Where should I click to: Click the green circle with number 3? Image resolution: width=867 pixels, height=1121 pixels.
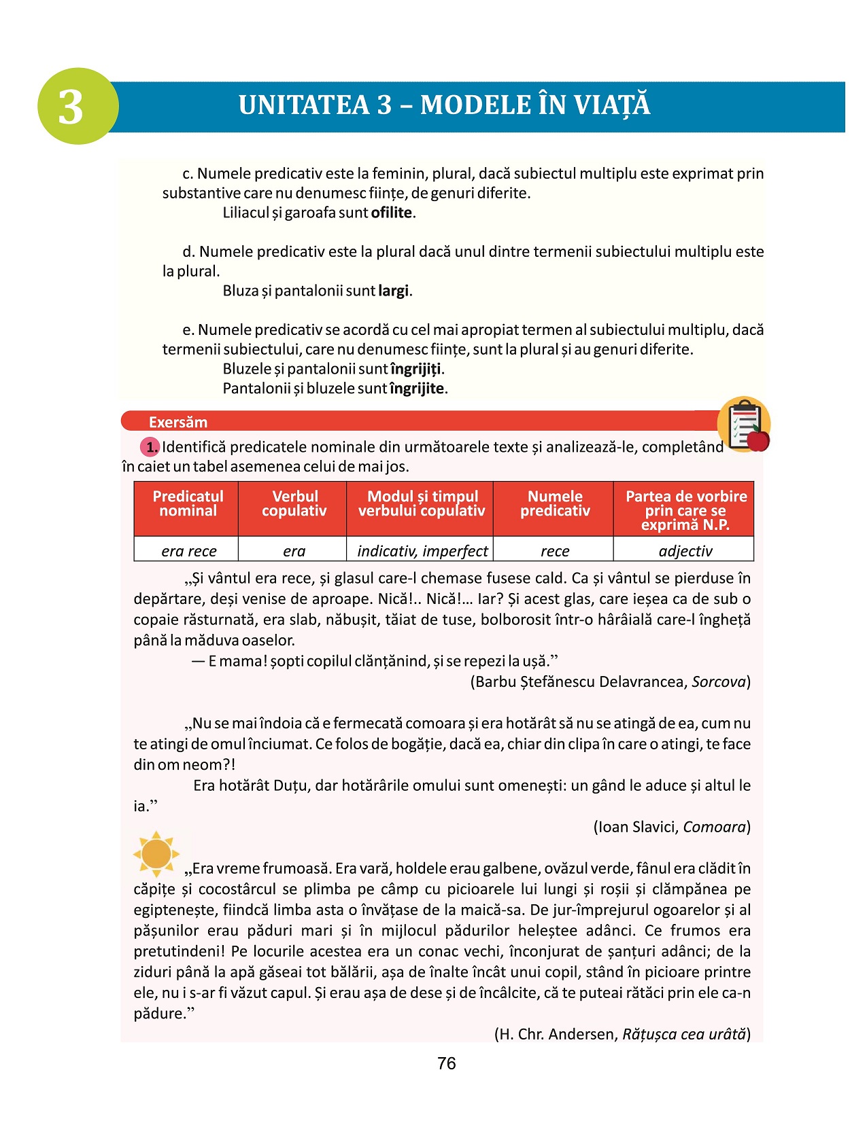tap(78, 106)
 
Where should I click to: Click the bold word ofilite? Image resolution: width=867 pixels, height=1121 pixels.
tap(392, 213)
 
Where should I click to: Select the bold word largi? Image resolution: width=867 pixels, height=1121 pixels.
tap(394, 291)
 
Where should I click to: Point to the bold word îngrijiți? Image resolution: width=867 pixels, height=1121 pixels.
tap(416, 369)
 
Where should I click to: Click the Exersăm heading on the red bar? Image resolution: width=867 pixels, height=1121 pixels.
tap(178, 422)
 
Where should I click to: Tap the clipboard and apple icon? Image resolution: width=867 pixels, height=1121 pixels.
tap(745, 425)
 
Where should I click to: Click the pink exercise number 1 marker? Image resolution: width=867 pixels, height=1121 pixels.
tap(150, 447)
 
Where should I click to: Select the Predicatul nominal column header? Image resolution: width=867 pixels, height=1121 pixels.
tap(187, 503)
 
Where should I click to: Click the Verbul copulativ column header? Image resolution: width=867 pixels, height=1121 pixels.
tap(294, 503)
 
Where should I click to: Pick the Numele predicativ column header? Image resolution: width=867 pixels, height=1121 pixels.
tap(554, 503)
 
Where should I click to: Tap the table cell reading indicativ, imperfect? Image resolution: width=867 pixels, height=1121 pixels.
tap(422, 551)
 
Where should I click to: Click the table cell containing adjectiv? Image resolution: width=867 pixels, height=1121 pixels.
tap(685, 551)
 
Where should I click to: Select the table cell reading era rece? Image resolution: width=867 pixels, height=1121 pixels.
tap(188, 551)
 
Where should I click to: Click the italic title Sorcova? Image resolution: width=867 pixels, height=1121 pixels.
tap(719, 681)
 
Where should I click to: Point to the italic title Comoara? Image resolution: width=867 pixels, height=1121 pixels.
tap(714, 827)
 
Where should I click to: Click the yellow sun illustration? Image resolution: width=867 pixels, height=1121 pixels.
tap(156, 853)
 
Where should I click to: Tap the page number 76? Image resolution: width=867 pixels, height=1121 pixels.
tap(446, 1063)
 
